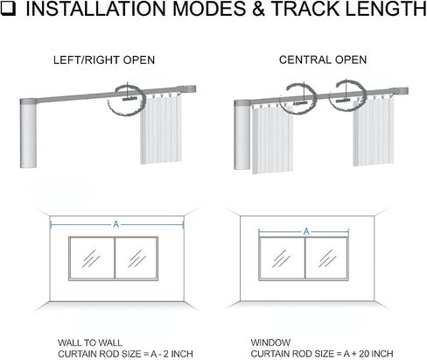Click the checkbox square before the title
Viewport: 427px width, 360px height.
pos(8,8)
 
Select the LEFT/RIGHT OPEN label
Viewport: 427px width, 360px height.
pos(104,60)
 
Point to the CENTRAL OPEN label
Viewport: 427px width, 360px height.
pos(323,60)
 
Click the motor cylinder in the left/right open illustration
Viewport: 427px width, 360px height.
pos(28,134)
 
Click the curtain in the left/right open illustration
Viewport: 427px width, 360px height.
pos(161,129)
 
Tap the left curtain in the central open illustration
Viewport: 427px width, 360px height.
pos(272,139)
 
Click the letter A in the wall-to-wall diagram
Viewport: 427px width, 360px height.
pos(116,224)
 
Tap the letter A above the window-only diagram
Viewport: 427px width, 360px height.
pos(306,231)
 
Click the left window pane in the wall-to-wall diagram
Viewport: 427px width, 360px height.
pos(92,258)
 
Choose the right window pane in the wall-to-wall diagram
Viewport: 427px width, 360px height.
pos(136,258)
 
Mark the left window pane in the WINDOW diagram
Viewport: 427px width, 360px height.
pos(282,258)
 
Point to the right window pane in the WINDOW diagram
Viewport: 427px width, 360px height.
pos(326,258)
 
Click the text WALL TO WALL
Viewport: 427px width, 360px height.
pos(90,342)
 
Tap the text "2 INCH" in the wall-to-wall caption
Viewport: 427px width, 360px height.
pos(178,354)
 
